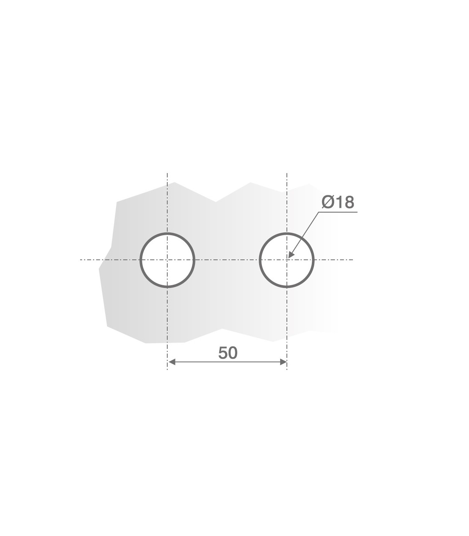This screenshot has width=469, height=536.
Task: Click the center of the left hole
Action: pyautogui.click(x=167, y=260)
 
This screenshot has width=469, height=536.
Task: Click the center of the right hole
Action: pyautogui.click(x=287, y=260)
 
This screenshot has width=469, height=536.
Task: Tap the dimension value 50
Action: pyautogui.click(x=228, y=353)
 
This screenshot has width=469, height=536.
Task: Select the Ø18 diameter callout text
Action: pyautogui.click(x=338, y=202)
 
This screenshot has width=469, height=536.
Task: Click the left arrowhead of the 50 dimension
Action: pyautogui.click(x=172, y=362)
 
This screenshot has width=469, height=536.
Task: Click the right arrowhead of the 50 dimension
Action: pyautogui.click(x=283, y=362)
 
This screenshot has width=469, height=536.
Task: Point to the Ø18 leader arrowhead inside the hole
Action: pyautogui.click(x=291, y=254)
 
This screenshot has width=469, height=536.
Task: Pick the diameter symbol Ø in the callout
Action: pyautogui.click(x=328, y=202)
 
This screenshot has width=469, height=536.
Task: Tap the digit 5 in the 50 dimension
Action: pyautogui.click(x=223, y=353)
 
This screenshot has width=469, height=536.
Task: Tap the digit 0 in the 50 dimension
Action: pyautogui.click(x=233, y=353)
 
